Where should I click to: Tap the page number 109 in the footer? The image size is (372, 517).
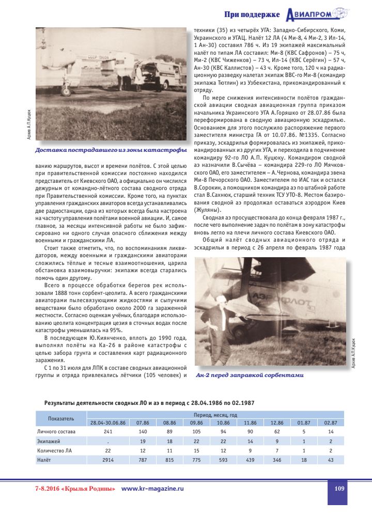[339, 488]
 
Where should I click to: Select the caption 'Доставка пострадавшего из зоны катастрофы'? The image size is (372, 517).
[111, 151]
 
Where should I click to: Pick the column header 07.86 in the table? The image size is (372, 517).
[142, 422]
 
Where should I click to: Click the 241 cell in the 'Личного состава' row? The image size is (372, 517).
[108, 431]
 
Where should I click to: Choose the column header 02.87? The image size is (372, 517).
[330, 422]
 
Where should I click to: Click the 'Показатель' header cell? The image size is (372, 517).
[60, 418]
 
